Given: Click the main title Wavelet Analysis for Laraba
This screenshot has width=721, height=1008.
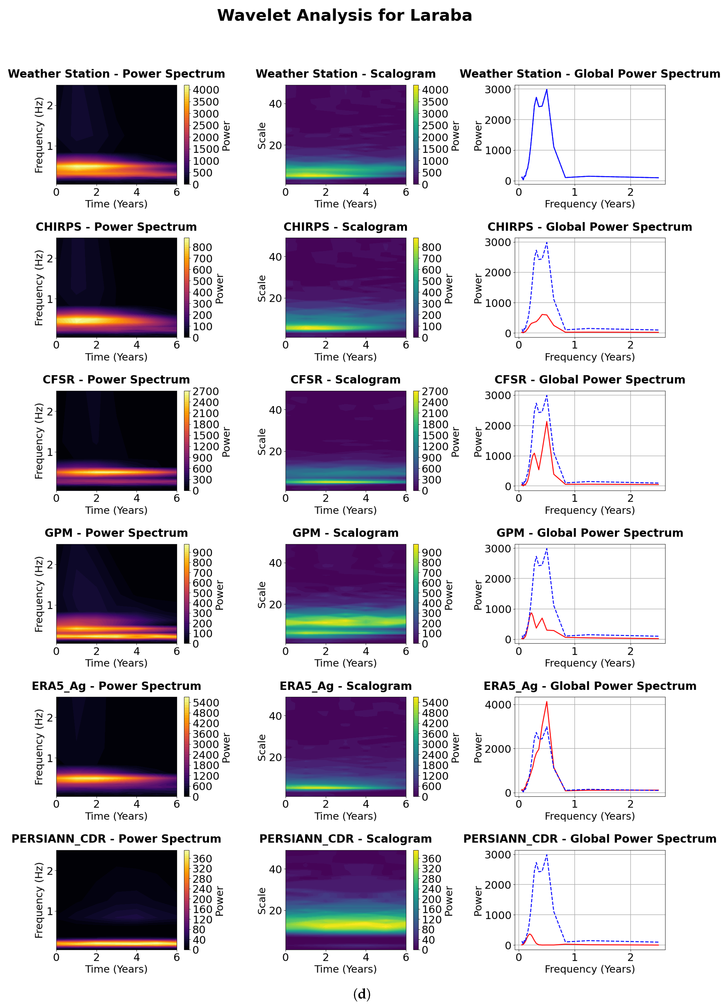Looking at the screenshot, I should (345, 16).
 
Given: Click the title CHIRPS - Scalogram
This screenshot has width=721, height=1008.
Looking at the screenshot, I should (345, 227).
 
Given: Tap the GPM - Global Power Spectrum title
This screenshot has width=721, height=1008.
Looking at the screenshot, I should (590, 533).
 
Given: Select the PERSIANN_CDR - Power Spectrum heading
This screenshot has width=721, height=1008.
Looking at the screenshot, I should (116, 839).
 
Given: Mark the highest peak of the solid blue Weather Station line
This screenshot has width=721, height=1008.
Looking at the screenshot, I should (547, 90).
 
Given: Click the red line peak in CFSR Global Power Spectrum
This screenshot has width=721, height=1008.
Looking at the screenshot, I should (547, 422).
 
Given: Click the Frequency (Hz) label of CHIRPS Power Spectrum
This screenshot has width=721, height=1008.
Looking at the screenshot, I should (39, 288).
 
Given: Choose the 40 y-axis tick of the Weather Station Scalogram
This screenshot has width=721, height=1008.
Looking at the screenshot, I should (275, 104).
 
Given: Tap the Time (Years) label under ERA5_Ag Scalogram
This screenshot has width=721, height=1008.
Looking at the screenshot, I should (345, 816).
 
